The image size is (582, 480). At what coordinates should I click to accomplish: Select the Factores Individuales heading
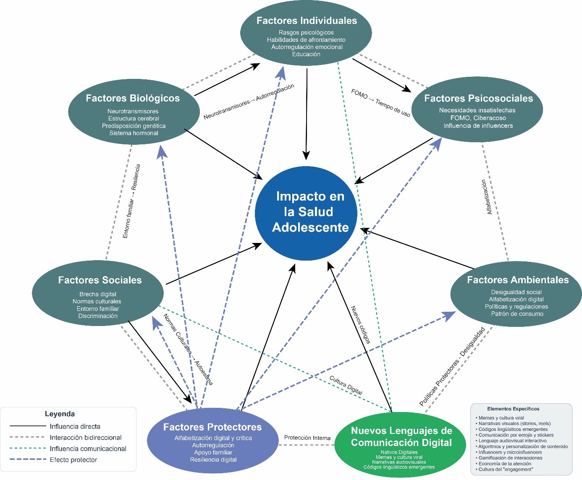[307, 21]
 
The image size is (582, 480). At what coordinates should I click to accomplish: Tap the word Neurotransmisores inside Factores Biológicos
[133, 111]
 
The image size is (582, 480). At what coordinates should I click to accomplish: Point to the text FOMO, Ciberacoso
[478, 118]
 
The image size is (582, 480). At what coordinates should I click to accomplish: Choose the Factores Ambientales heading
[517, 280]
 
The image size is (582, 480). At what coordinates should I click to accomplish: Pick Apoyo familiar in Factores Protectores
[213, 452]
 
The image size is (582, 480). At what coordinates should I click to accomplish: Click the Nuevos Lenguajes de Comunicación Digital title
[401, 436]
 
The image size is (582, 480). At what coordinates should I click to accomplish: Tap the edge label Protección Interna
[307, 438]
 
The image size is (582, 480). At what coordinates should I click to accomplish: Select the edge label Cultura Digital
[346, 385]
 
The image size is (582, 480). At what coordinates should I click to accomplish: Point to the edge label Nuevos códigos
[361, 325]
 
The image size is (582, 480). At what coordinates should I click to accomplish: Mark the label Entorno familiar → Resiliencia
[131, 201]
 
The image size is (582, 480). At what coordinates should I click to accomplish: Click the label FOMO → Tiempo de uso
[380, 103]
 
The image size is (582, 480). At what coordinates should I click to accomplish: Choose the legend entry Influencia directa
[75, 426]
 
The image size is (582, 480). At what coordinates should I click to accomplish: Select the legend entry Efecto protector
[73, 460]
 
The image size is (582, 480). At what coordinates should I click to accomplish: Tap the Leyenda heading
[60, 414]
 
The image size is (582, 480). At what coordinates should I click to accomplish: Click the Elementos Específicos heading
[513, 409]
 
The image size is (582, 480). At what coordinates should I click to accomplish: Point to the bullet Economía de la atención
[505, 464]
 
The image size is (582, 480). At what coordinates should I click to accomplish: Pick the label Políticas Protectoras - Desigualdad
[452, 366]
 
